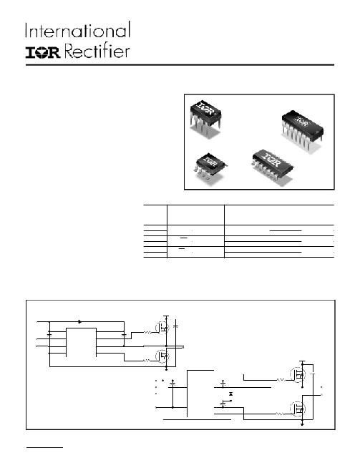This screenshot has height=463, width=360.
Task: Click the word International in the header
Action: pyautogui.click(x=78, y=30)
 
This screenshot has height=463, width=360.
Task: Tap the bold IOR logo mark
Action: pyautogui.click(x=43, y=52)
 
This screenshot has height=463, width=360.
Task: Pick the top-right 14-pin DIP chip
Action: pyautogui.click(x=302, y=130)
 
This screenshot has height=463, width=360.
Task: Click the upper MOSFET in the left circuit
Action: pyautogui.click(x=162, y=328)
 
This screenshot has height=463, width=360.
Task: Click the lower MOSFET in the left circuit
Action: pyautogui.click(x=162, y=356)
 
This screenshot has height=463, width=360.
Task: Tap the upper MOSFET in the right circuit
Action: pyautogui.click(x=298, y=375)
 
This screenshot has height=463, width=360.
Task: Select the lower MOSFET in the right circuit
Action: pyautogui.click(x=298, y=409)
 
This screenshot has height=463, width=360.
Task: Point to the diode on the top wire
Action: pyautogui.click(x=79, y=321)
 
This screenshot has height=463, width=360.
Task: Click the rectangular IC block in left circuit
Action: pyautogui.click(x=81, y=342)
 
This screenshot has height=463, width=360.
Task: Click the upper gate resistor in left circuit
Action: pyautogui.click(x=147, y=333)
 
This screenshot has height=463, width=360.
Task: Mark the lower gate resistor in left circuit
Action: pyautogui.click(x=147, y=361)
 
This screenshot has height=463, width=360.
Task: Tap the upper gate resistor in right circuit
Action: pyautogui.click(x=281, y=380)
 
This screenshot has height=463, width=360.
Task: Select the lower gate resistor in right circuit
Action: pyautogui.click(x=281, y=414)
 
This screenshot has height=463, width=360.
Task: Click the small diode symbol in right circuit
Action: pyautogui.click(x=230, y=394)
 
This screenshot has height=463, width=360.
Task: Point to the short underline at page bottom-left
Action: pyautogui.click(x=44, y=448)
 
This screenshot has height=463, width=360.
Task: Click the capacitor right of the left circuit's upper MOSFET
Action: pyautogui.click(x=176, y=326)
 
